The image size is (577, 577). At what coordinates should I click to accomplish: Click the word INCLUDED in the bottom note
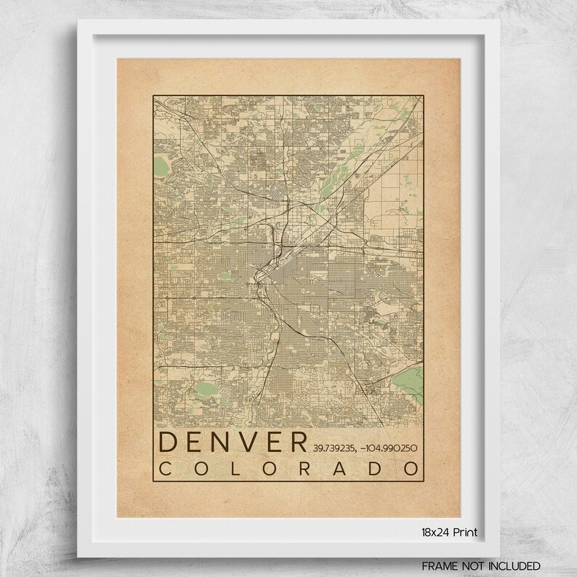pos(515,565)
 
